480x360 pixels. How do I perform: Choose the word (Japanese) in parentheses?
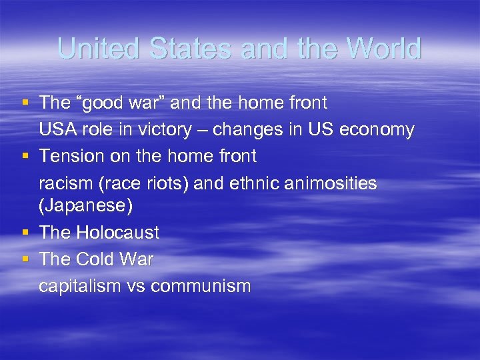pos(86,206)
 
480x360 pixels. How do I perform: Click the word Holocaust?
pos(117,233)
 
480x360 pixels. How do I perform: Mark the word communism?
pos(201,286)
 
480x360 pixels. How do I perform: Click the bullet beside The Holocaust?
pos(25,233)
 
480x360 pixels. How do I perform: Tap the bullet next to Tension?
pos(25,156)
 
